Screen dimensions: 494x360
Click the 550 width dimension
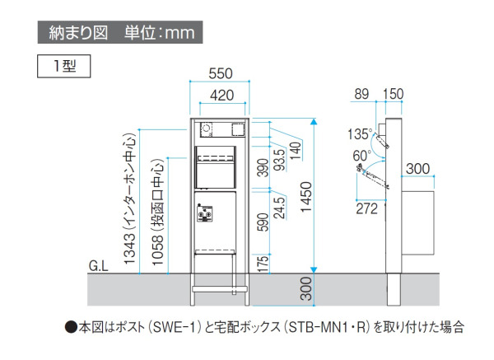pos(221,73)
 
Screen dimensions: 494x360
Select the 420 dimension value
pos(222,96)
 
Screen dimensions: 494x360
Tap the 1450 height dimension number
pos(306,197)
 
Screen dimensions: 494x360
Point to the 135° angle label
pos(360,134)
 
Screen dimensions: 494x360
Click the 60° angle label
pos(362,156)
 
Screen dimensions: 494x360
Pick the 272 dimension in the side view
pos(366,208)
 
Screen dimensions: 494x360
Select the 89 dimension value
pos(361,94)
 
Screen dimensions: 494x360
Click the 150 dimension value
pos(393,94)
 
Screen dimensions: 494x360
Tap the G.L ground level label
pos(98,266)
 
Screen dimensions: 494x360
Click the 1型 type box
pos(64,66)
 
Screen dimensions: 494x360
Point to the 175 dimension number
pos(263,264)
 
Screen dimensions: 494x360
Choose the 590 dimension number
pos(263,222)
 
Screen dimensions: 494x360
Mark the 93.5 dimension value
pos(279,160)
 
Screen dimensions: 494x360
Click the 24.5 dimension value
pos(279,208)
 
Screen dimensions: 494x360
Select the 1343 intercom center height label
pos(129,199)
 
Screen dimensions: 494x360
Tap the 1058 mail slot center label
pos(158,212)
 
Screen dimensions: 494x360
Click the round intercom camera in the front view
pos(207,129)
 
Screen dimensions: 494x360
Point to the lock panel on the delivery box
pos(204,213)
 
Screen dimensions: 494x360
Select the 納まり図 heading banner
pos(120,32)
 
